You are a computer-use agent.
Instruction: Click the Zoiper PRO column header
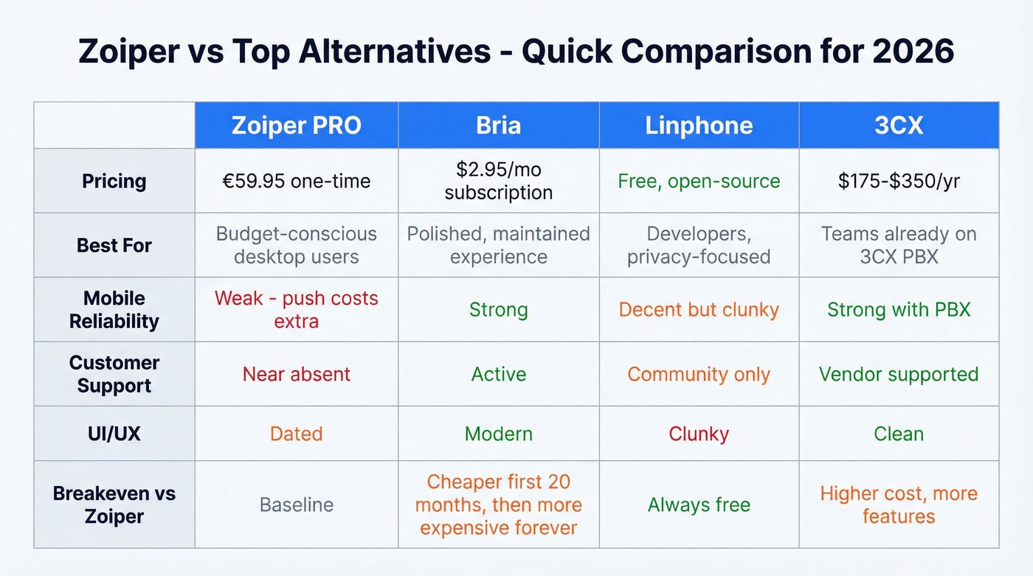[x=296, y=125]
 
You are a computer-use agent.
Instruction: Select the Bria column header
[x=498, y=125]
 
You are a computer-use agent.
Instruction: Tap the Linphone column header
[x=699, y=125]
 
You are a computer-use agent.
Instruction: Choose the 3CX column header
[x=898, y=125]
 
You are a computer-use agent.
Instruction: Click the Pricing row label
[x=114, y=181]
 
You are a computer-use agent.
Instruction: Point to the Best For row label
[x=114, y=246]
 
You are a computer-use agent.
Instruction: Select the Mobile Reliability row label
[x=114, y=310]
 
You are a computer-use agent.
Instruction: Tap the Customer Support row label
[x=114, y=374]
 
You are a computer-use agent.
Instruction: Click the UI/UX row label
[x=114, y=434]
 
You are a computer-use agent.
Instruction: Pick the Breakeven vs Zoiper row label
[x=114, y=504]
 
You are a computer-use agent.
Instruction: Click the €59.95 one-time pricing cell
[x=296, y=181]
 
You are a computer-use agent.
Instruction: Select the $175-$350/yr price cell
[x=898, y=181]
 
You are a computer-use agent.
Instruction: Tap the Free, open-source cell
[x=699, y=181]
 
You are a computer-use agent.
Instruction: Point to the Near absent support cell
[x=296, y=375]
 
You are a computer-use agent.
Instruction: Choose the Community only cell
[x=699, y=375]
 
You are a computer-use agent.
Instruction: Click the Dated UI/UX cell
[x=296, y=434]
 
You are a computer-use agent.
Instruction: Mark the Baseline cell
[x=296, y=505]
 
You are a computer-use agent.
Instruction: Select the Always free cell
[x=699, y=505]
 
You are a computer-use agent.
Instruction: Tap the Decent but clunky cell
[x=699, y=310]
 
